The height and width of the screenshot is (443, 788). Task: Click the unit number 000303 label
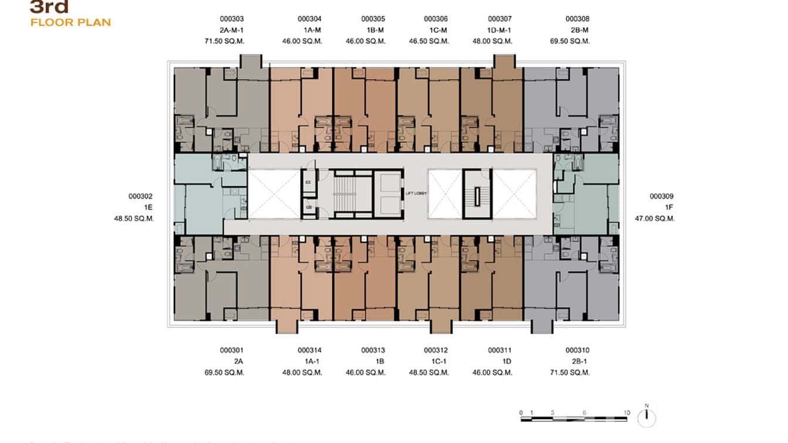(228, 19)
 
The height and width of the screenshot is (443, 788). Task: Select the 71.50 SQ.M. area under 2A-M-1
(224, 41)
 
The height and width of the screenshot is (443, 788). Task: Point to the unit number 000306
(436, 19)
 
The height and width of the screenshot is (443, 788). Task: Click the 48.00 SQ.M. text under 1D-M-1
(492, 41)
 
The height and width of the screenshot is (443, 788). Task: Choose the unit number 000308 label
(577, 19)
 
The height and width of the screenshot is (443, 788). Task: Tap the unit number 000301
(228, 350)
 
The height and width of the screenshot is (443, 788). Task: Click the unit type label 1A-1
(309, 361)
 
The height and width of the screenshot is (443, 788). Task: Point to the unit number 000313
(373, 350)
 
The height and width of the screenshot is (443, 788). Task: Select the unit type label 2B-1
(577, 361)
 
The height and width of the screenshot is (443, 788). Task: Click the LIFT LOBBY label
(416, 193)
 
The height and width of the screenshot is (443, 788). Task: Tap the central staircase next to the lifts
(349, 194)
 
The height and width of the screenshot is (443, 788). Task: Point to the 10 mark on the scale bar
(627, 413)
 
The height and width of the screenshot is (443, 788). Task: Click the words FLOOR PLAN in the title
(70, 22)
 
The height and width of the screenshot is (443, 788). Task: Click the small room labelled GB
(308, 207)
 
